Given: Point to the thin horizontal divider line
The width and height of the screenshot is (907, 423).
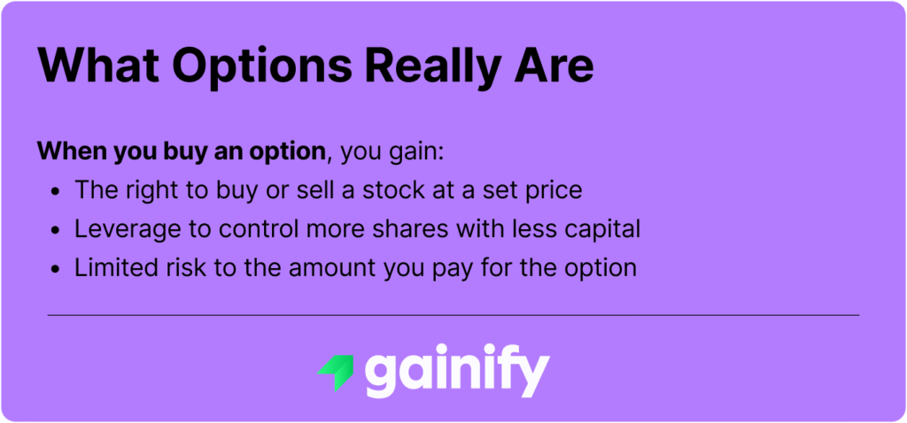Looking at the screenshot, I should pyautogui.click(x=453, y=315).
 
